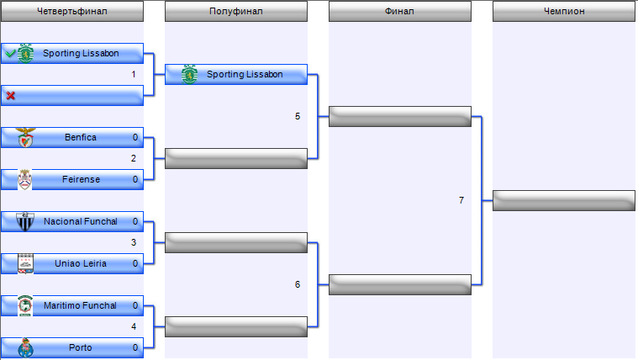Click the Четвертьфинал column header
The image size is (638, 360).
tap(72, 11)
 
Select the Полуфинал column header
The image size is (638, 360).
tap(235, 11)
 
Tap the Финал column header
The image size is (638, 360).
tap(399, 11)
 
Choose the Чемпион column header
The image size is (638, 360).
tap(564, 11)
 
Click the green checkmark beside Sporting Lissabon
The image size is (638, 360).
tap(10, 54)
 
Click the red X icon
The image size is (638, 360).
tap(10, 96)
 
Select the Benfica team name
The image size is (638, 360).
tap(80, 137)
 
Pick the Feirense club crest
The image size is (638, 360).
tap(25, 179)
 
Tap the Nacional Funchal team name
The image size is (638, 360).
tap(80, 221)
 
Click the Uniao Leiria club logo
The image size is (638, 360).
tap(25, 263)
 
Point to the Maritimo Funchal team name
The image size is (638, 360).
tap(80, 305)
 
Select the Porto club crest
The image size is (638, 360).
tap(25, 347)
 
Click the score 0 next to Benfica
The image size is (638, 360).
tap(134, 137)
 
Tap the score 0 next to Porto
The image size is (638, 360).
tap(134, 347)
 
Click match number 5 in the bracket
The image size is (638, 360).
tap(298, 116)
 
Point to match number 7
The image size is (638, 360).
tap(461, 200)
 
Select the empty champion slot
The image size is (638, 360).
tap(563, 200)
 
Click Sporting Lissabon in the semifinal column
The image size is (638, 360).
tap(244, 74)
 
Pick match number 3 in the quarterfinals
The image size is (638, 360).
tap(133, 242)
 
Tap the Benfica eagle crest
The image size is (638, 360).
tap(25, 137)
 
